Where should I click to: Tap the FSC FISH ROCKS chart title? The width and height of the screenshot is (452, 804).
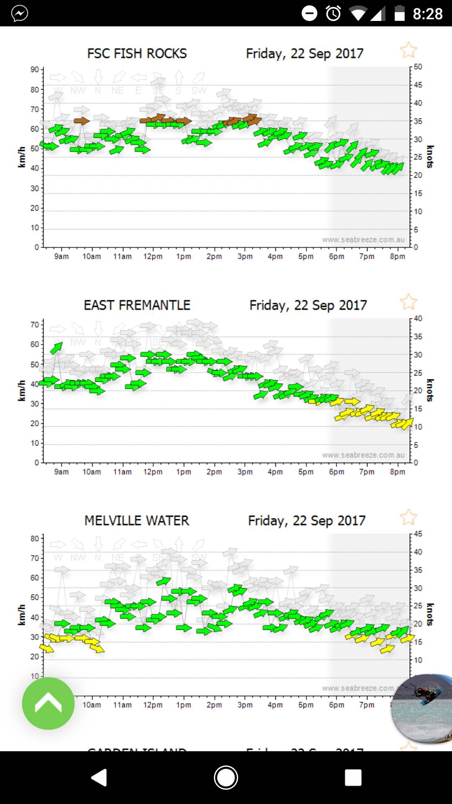pos(137,54)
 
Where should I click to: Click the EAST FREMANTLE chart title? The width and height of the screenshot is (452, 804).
pos(137,305)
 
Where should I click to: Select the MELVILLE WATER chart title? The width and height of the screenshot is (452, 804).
pos(137,521)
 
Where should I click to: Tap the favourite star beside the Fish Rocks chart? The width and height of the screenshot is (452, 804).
pos(408,51)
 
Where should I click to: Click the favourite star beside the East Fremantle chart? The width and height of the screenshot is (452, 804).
pos(408,302)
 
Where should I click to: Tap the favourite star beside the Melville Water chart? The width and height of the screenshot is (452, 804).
pos(408,518)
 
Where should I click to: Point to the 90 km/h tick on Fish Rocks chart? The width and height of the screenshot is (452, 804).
pos(35,70)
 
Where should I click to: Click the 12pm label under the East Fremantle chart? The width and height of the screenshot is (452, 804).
pos(153,472)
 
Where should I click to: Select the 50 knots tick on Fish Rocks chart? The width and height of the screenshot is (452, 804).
pos(418,67)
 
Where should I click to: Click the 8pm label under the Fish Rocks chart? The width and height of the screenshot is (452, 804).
pos(398,256)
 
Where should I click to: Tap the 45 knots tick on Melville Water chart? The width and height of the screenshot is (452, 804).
pos(418,534)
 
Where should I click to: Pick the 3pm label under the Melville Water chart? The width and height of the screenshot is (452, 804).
pos(245,705)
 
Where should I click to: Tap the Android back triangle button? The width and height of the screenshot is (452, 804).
pos(100,778)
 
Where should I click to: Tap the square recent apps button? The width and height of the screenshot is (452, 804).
pos(353,778)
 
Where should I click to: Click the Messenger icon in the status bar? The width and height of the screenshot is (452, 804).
pos(20,13)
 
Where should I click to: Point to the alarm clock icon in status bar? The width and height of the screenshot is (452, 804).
pos(334,13)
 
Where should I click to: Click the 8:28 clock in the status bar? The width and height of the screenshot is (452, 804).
pos(427,14)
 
